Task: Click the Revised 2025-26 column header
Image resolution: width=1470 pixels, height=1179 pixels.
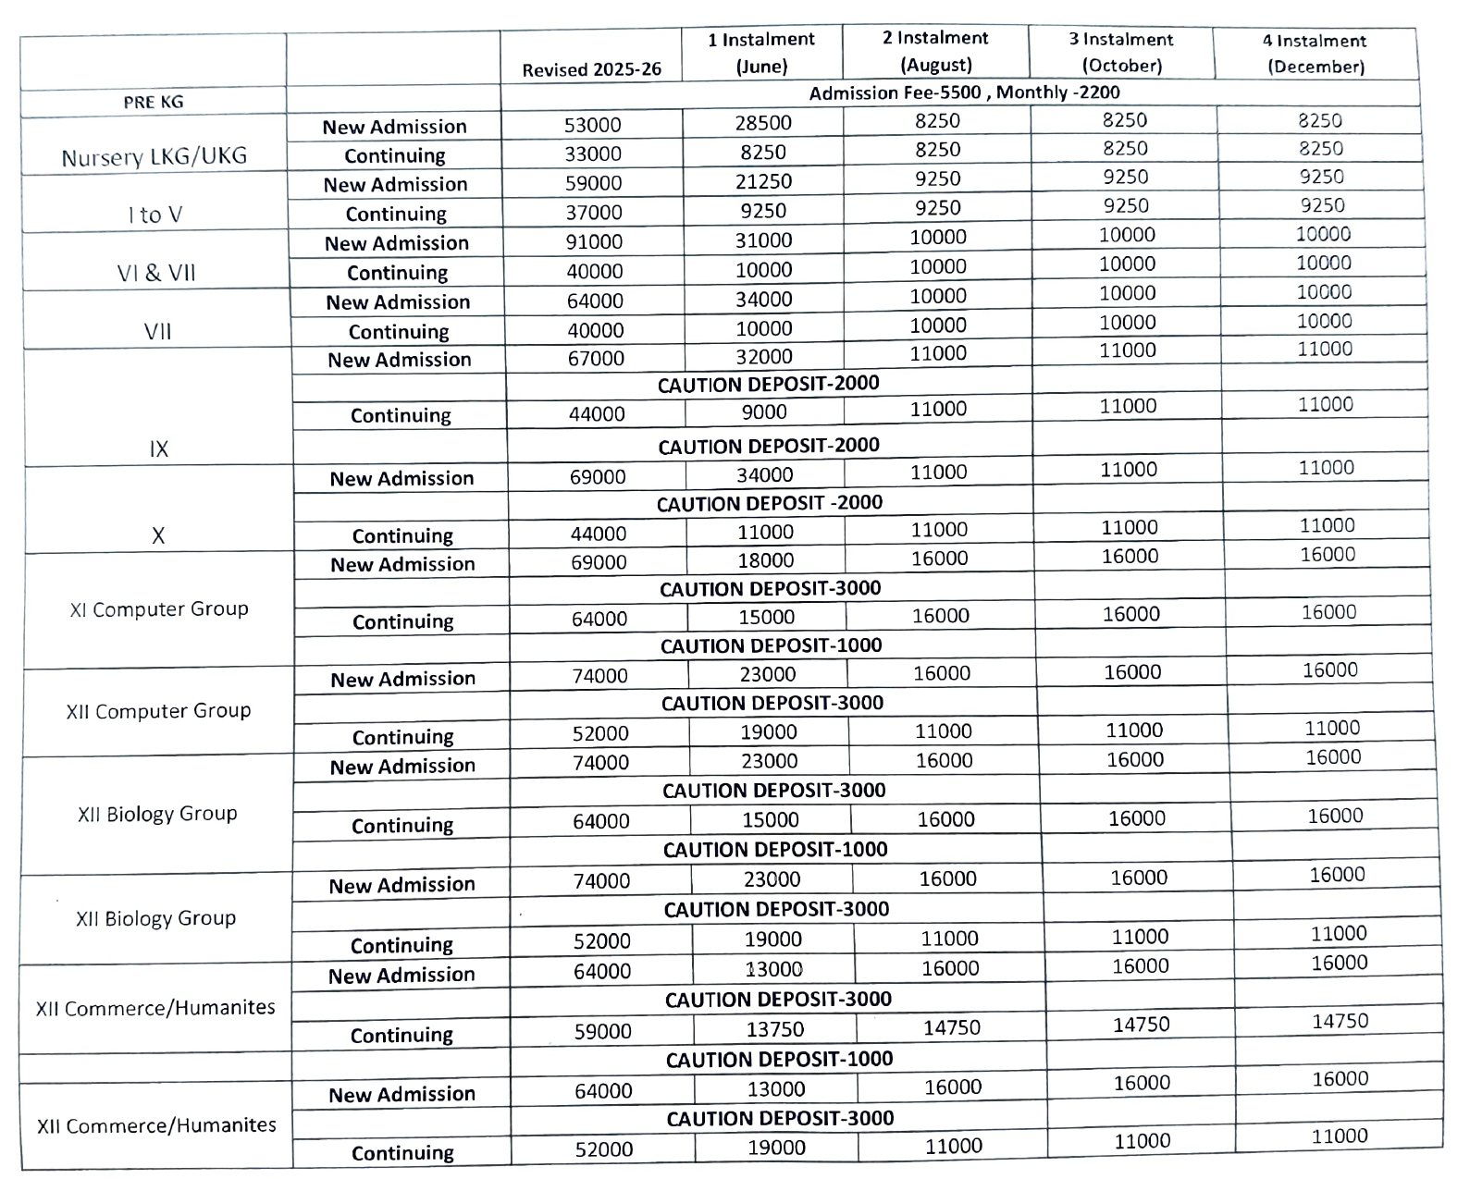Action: tap(591, 69)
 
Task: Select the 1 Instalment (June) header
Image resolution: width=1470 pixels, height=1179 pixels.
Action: tap(761, 53)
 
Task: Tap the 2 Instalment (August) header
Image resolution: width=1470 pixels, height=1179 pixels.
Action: tap(935, 51)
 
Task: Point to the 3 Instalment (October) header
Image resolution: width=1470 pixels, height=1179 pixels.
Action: tap(1120, 52)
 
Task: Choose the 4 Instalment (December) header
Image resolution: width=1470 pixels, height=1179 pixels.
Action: tap(1315, 54)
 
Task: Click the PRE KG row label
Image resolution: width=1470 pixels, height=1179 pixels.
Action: tap(154, 102)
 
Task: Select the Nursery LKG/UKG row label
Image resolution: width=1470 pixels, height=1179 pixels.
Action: tap(154, 157)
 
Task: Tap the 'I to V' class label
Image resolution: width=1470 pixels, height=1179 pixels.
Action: tap(155, 215)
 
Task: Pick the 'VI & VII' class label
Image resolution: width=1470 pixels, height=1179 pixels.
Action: tap(156, 274)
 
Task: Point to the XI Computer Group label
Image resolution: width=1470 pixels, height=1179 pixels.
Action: tap(159, 609)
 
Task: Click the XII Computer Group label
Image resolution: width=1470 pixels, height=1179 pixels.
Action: tap(158, 711)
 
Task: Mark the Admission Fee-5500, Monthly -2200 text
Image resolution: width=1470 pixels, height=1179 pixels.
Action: tap(964, 92)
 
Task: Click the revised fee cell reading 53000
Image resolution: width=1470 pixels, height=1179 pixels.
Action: tap(592, 125)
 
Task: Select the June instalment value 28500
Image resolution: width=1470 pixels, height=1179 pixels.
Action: tap(763, 123)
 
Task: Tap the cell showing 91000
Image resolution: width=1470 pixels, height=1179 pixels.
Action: tap(594, 241)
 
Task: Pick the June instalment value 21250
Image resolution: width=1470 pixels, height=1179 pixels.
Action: tap(763, 181)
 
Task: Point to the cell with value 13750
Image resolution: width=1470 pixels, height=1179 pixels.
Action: tap(775, 1029)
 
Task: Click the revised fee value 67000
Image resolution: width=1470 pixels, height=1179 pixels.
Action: tap(596, 358)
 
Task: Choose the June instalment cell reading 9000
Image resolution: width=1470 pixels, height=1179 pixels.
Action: tap(765, 412)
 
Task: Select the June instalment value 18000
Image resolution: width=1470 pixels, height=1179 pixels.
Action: tap(766, 560)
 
